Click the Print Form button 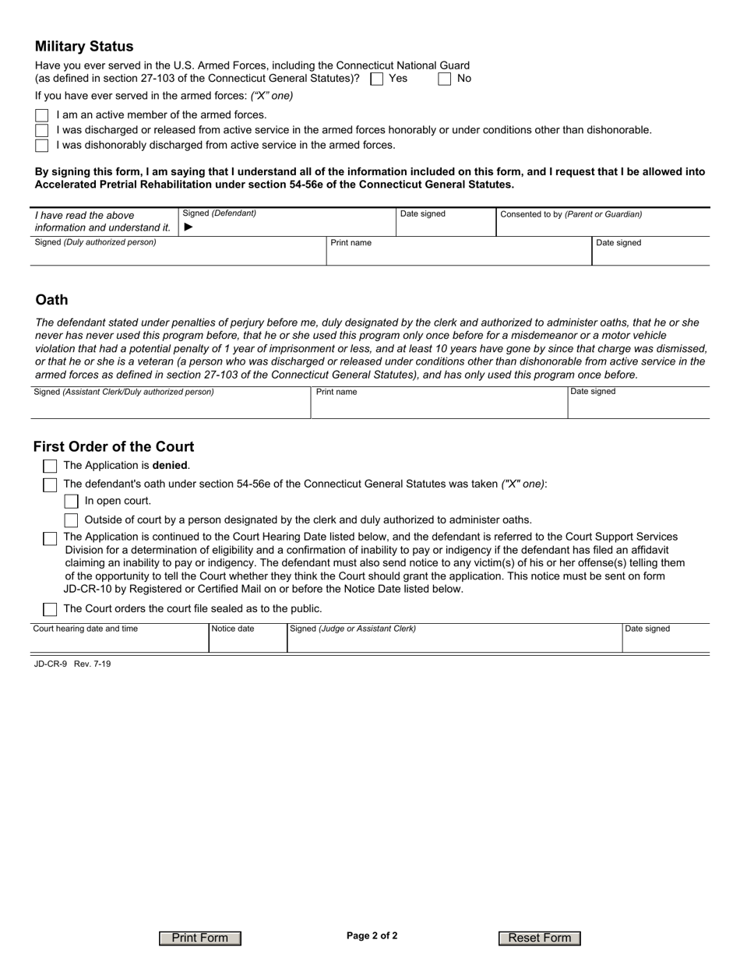coord(200,938)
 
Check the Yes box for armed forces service coord(377,79)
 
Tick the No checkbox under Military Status coord(445,79)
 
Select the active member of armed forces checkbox coord(42,115)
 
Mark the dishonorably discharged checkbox coord(42,146)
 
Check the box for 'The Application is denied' coord(50,466)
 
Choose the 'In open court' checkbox coord(71,502)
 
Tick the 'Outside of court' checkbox coord(71,520)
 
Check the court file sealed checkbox coord(50,609)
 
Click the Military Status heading coord(84,47)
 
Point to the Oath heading coord(52,300)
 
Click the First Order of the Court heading coord(114,447)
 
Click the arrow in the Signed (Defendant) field coord(188,227)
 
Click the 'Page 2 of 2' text coord(372,936)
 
